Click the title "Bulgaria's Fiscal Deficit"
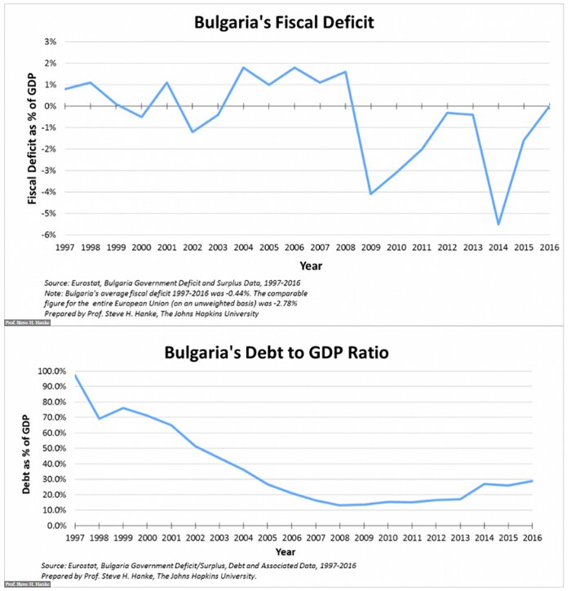click(x=284, y=22)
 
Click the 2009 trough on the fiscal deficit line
click(x=370, y=193)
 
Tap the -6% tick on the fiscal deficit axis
click(x=50, y=235)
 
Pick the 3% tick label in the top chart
click(x=51, y=42)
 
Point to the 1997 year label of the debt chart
click(x=76, y=537)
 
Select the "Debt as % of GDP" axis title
click(x=27, y=448)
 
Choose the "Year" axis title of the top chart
click(x=311, y=265)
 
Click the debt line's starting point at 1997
click(x=76, y=375)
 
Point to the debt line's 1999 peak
click(x=123, y=408)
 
